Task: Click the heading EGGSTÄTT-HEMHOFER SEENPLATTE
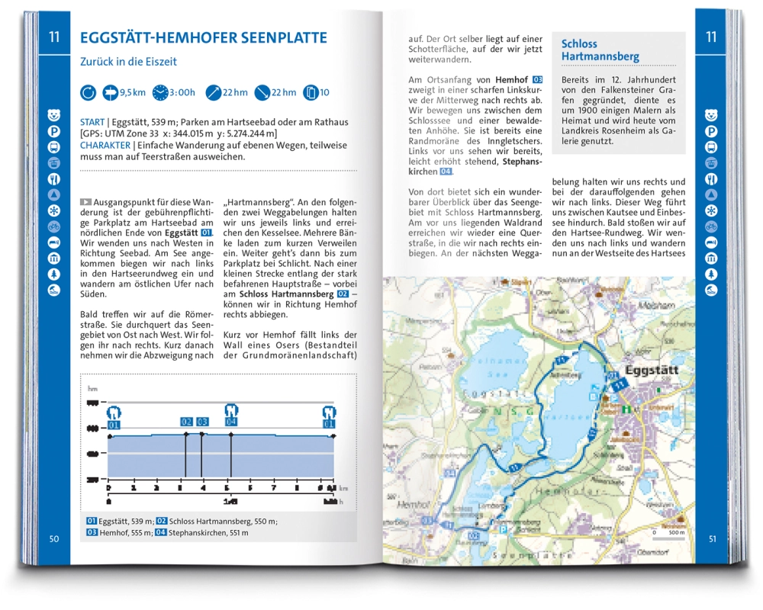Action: click(x=204, y=38)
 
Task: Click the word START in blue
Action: click(x=92, y=122)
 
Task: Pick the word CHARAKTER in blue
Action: click(x=105, y=145)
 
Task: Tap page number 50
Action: click(x=54, y=539)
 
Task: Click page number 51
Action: click(x=712, y=539)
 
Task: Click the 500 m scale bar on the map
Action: click(x=665, y=537)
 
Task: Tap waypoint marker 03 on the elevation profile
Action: click(x=202, y=422)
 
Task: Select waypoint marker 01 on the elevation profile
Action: click(x=114, y=424)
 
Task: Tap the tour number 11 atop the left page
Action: click(x=53, y=37)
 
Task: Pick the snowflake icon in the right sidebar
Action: click(x=711, y=210)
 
